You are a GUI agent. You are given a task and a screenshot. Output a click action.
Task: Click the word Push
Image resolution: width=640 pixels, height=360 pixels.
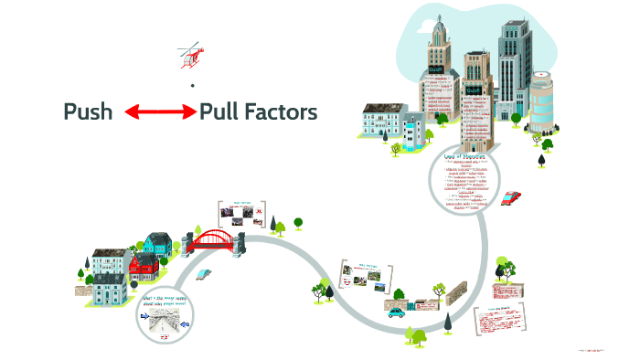(x=88, y=112)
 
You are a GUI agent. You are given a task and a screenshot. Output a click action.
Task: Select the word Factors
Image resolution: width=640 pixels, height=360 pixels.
(x=283, y=112)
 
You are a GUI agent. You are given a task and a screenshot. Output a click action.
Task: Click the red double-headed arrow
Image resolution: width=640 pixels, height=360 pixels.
(x=160, y=112)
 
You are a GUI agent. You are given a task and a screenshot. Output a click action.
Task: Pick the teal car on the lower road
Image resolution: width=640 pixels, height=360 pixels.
(x=396, y=312)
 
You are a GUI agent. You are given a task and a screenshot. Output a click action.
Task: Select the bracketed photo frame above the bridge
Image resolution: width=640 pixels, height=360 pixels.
(x=240, y=214)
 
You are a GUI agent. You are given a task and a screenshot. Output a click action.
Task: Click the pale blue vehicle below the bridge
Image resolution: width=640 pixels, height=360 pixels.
(x=203, y=272)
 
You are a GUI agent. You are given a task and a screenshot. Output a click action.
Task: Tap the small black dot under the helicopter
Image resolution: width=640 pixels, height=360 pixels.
(x=192, y=86)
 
